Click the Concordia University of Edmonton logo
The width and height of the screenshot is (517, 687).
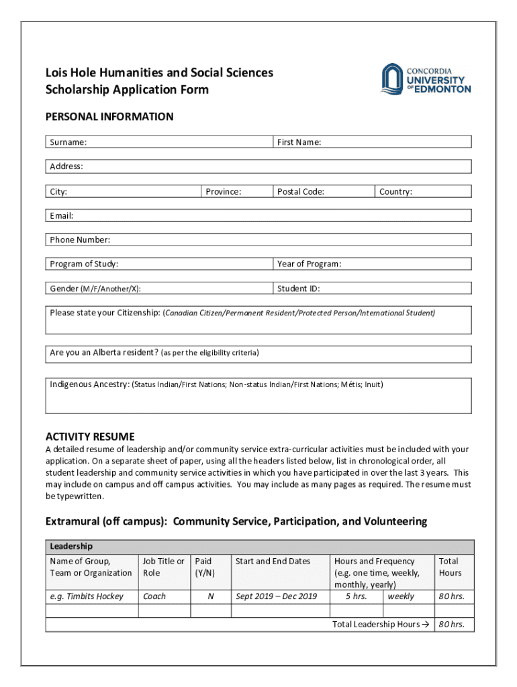click(x=426, y=80)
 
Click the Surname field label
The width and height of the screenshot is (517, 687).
click(x=68, y=142)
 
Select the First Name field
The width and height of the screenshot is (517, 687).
click(x=373, y=142)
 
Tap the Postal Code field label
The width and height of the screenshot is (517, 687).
click(x=301, y=192)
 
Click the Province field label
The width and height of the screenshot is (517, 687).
click(x=224, y=192)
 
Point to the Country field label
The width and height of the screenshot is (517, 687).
click(x=395, y=192)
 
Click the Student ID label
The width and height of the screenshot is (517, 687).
click(x=299, y=289)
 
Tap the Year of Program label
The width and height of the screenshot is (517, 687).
click(x=310, y=264)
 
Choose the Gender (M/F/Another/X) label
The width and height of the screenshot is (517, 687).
click(x=95, y=289)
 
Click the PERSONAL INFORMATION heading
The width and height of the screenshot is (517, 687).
click(x=109, y=117)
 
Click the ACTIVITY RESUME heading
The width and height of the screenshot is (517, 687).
click(x=90, y=436)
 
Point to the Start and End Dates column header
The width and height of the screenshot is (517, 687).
click(x=273, y=562)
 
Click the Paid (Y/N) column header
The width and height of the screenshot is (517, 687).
click(x=203, y=567)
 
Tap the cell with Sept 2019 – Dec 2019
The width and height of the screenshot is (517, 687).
click(x=277, y=596)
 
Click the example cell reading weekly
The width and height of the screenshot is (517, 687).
click(x=401, y=596)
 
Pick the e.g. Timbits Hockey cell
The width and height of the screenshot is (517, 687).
click(x=87, y=596)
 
